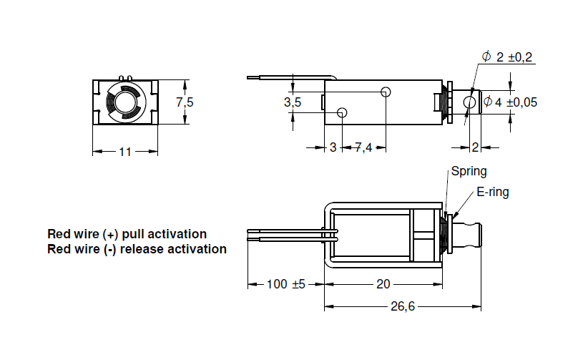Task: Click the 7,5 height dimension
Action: pyautogui.click(x=185, y=102)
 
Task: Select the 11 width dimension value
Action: pyautogui.click(x=125, y=152)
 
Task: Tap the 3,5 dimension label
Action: pyautogui.click(x=293, y=102)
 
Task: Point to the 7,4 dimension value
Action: pyautogui.click(x=363, y=148)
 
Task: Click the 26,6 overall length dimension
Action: pyautogui.click(x=402, y=307)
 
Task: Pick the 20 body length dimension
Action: pyautogui.click(x=383, y=284)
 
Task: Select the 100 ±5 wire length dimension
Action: pyautogui.click(x=285, y=284)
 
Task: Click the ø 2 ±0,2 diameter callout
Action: pyautogui.click(x=508, y=57)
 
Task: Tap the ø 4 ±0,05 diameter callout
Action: pyautogui.click(x=510, y=102)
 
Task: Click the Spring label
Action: pyautogui.click(x=469, y=171)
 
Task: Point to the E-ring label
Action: pyautogui.click(x=493, y=192)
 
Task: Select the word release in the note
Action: pyautogui.click(x=145, y=249)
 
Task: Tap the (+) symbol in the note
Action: pyautogui.click(x=110, y=234)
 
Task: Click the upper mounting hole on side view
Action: pyautogui.click(x=386, y=92)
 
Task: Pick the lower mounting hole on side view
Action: pyautogui.click(x=342, y=112)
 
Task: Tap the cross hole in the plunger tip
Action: pyautogui.click(x=469, y=103)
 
